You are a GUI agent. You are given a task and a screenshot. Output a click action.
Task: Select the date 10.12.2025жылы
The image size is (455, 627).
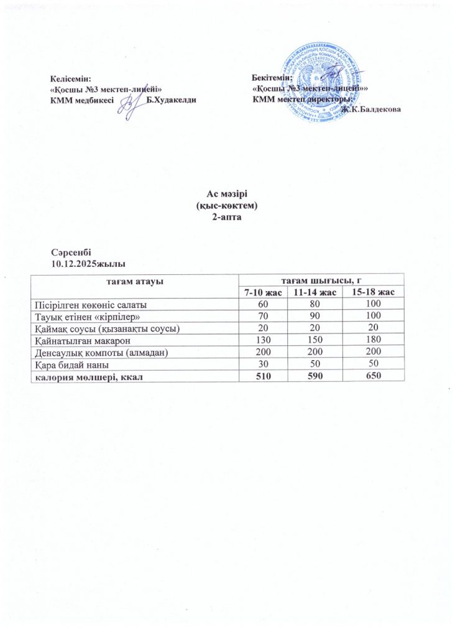pyautogui.click(x=83, y=263)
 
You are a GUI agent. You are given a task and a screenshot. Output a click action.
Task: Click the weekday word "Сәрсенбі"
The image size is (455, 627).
pyautogui.click(x=71, y=253)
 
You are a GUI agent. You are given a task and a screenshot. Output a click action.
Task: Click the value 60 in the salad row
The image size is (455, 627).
pyautogui.click(x=264, y=304)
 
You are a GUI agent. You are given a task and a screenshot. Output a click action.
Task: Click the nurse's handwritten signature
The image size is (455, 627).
pyautogui.click(x=132, y=104)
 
